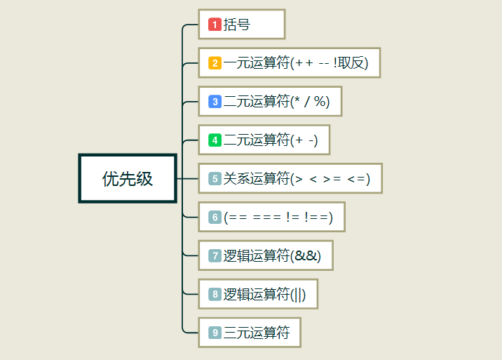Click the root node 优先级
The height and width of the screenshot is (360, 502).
coord(127,178)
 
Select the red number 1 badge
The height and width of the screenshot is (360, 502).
coord(215,25)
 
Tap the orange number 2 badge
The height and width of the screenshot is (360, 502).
coord(215,63)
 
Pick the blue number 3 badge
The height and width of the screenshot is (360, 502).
coord(215,102)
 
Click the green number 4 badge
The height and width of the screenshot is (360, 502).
coord(215,140)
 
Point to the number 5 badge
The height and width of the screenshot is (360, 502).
coord(215,179)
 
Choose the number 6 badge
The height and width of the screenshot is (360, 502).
coord(215,218)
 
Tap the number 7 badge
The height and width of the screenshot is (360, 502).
coord(215,255)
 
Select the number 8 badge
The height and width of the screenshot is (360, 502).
coord(215,294)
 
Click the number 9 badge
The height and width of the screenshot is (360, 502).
coord(215,333)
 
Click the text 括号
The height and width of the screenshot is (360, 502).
coord(237,25)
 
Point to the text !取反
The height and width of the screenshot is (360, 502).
coord(351,63)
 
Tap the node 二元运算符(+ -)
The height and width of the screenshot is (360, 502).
coord(264,140)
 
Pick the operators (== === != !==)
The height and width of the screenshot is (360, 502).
coord(278,218)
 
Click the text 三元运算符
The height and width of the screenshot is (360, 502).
coord(257,333)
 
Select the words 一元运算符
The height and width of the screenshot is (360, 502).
coord(256,63)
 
